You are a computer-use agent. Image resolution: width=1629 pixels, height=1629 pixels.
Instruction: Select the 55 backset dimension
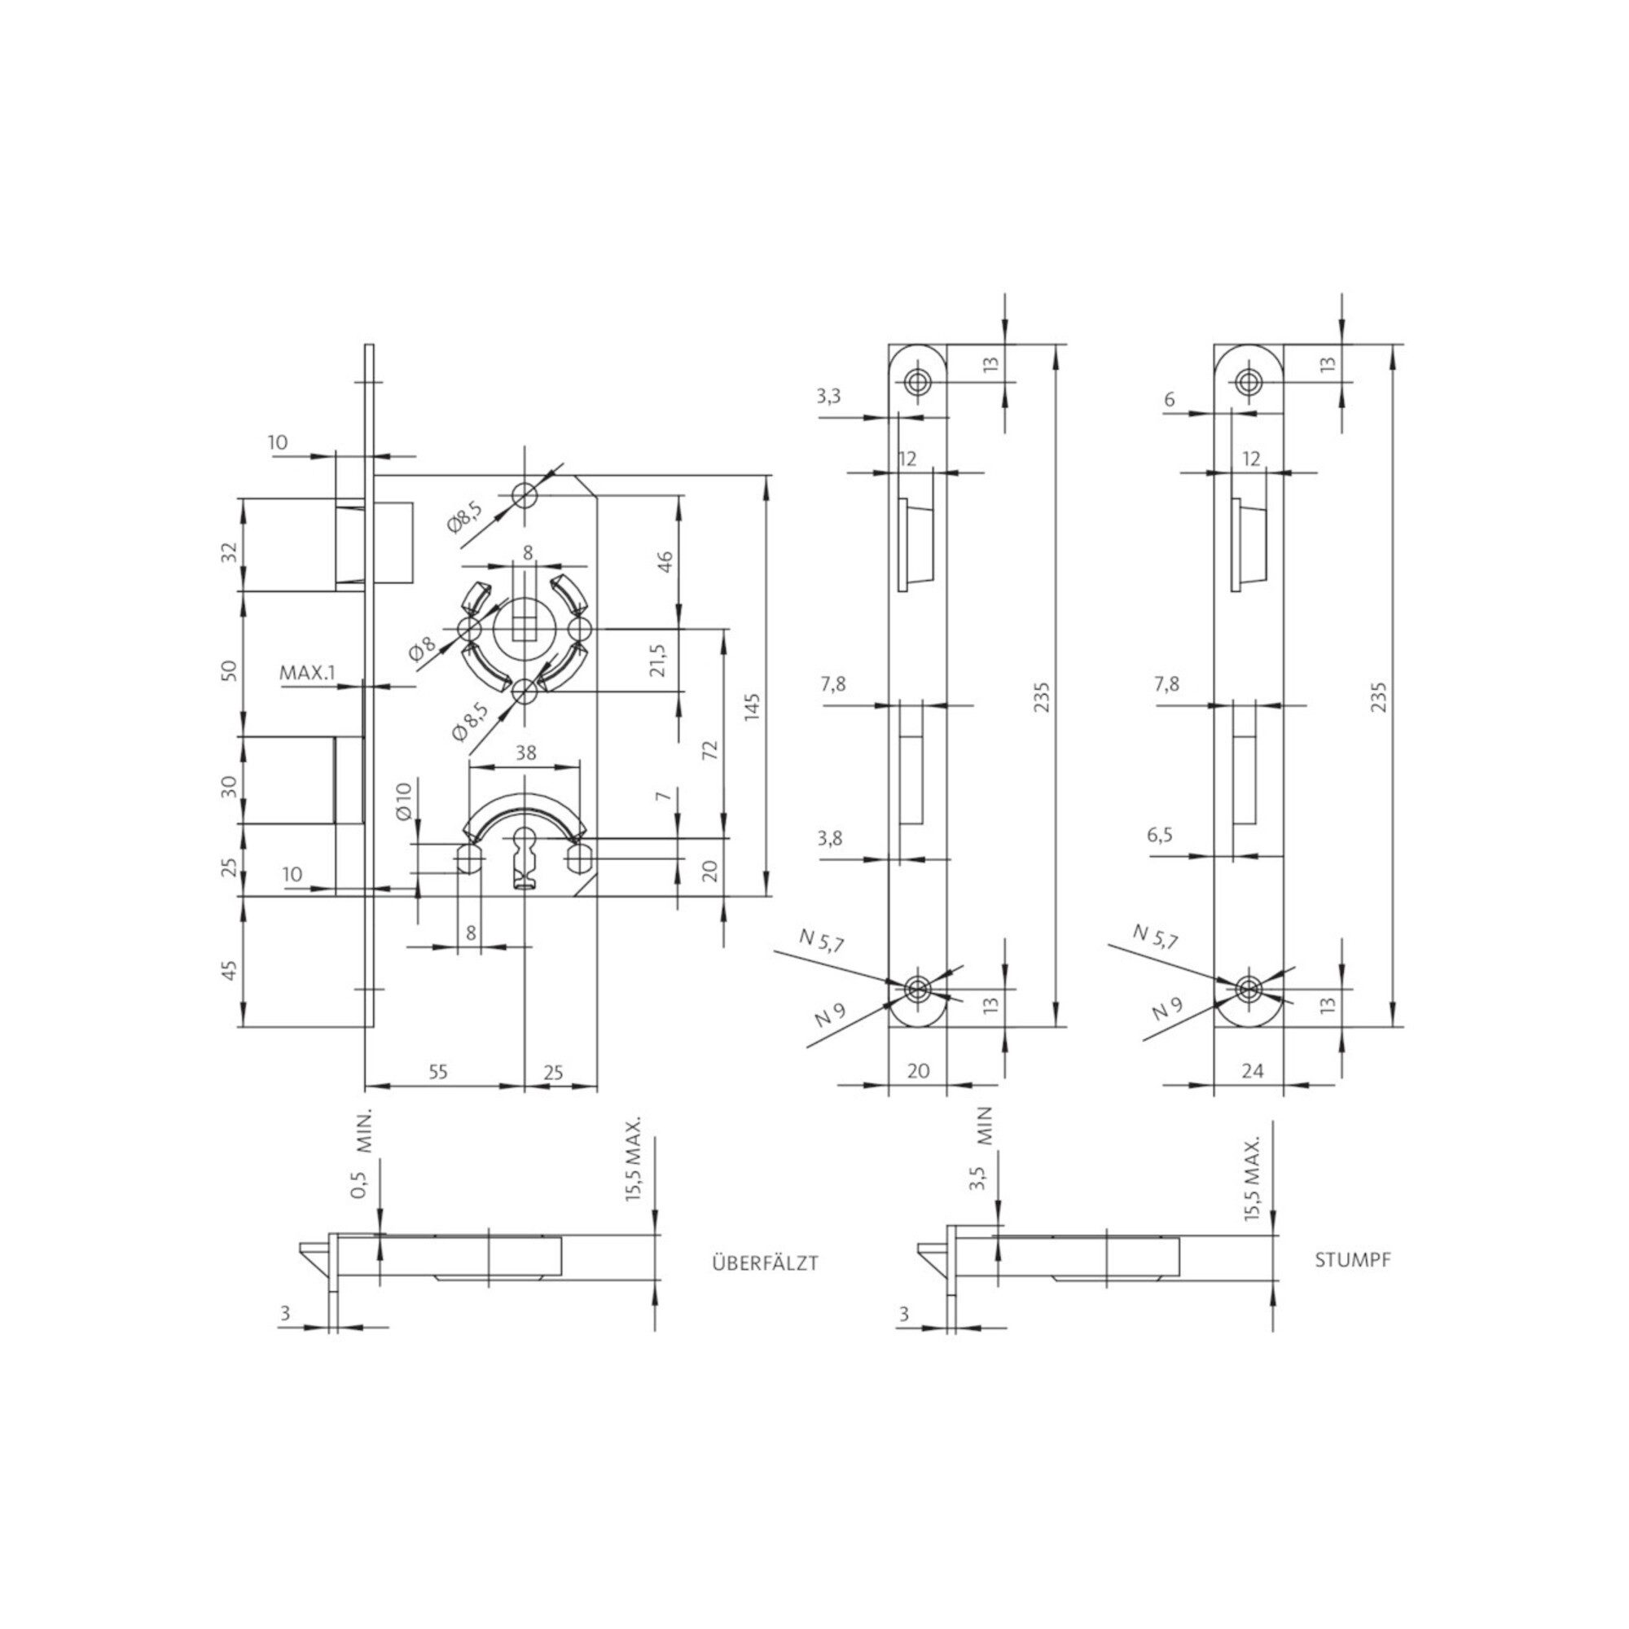coord(437,1072)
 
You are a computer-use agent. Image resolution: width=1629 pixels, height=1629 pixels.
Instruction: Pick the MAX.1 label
coord(307,673)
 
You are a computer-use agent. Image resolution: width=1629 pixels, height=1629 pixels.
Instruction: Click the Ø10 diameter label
coord(403,801)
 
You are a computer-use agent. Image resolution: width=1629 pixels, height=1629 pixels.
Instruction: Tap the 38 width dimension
coord(525,753)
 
